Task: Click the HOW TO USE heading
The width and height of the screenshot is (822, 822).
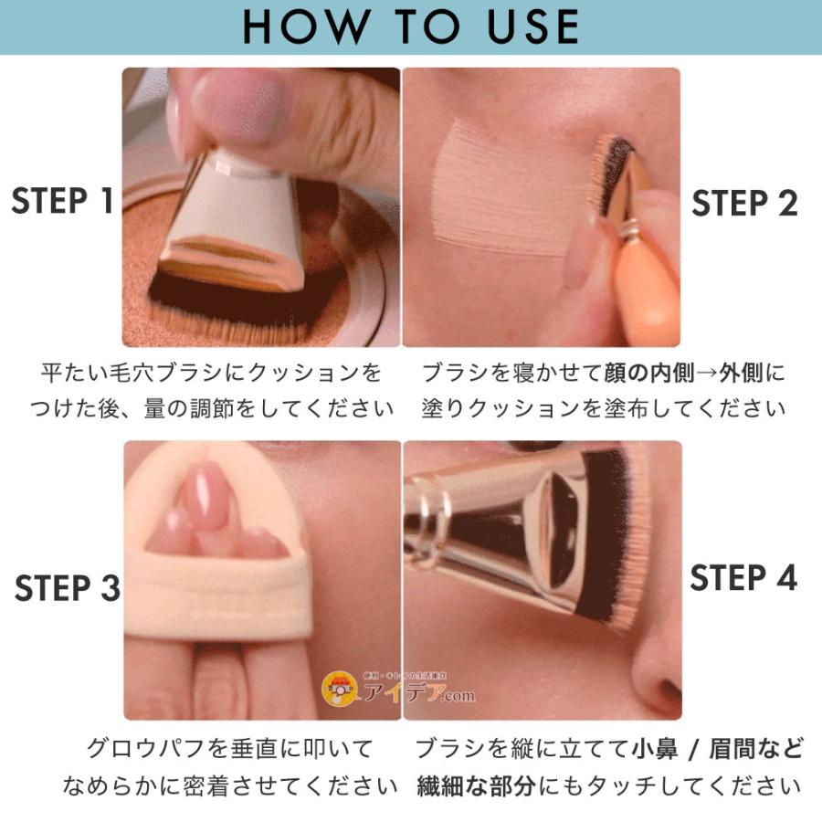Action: pos(410,26)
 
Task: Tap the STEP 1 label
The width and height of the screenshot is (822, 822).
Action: pos(62,202)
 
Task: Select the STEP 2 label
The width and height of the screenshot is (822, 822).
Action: pos(744,204)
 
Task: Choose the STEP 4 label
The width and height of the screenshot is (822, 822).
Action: pos(743,578)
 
